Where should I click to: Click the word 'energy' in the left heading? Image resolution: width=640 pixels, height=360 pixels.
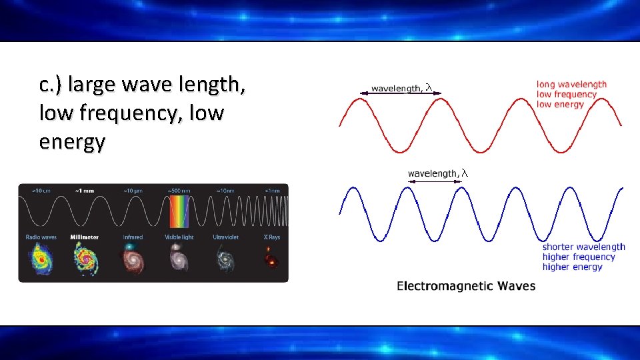(72, 142)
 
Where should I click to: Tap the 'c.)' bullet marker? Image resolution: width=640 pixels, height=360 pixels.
(51, 85)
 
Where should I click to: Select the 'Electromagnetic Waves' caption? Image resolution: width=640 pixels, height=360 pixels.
(466, 286)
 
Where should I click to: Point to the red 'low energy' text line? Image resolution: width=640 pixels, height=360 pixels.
(560, 104)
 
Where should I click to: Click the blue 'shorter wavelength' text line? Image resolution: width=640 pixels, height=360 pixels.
(583, 247)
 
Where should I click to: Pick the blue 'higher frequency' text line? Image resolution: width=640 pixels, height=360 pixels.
(579, 257)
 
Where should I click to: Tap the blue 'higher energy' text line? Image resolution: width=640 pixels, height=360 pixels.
(572, 267)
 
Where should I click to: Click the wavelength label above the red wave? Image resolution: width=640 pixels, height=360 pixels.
(402, 87)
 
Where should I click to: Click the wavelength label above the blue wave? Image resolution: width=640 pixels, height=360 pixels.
(438, 173)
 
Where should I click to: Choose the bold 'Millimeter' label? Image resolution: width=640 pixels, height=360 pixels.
(85, 237)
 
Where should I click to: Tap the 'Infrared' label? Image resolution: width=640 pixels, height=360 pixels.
(133, 237)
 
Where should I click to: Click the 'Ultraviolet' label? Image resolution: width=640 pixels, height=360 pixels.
(225, 237)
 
